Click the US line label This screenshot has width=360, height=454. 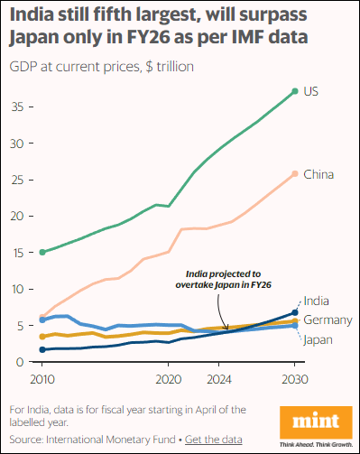pyautogui.click(x=310, y=91)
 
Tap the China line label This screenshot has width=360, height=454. pyautogui.click(x=318, y=174)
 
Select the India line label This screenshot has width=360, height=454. pyautogui.click(x=316, y=301)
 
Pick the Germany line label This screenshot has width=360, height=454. pyautogui.click(x=328, y=320)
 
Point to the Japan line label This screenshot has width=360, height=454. pyautogui.click(x=318, y=340)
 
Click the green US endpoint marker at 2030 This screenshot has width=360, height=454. pyautogui.click(x=295, y=91)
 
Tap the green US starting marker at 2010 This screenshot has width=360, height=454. pyautogui.click(x=42, y=252)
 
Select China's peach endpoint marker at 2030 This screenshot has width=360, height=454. pyautogui.click(x=295, y=174)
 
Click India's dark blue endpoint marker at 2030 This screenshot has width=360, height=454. pyautogui.click(x=295, y=313)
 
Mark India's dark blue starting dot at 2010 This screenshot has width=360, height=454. pyautogui.click(x=42, y=349)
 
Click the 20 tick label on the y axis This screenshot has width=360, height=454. pyautogui.click(x=17, y=216)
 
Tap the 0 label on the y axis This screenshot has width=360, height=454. pyautogui.click(x=20, y=362)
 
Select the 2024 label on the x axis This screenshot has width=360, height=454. pyautogui.click(x=219, y=380)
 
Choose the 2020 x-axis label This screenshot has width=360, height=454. pyautogui.click(x=169, y=380)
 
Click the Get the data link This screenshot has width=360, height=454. pyautogui.click(x=214, y=440)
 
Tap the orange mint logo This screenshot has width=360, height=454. pyautogui.click(x=316, y=422)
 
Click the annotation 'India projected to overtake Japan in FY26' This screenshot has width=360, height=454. pyautogui.click(x=223, y=279)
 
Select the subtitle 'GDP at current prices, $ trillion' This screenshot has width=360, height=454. pyautogui.click(x=102, y=67)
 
